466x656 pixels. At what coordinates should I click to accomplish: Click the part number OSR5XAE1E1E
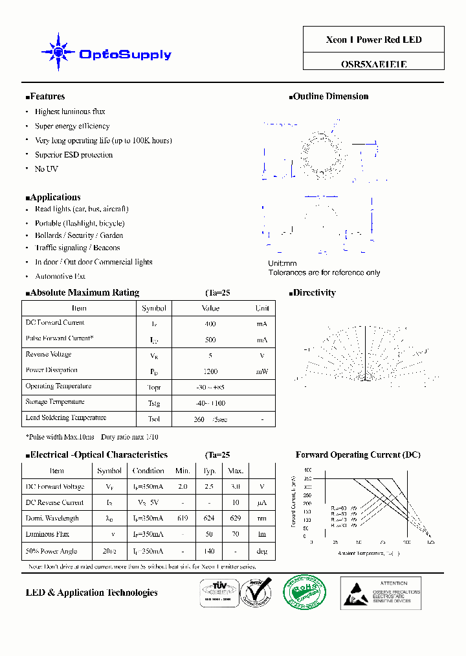[x=373, y=64]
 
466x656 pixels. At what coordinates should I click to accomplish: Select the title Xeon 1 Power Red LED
[x=373, y=40]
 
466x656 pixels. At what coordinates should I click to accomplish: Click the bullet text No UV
[x=46, y=169]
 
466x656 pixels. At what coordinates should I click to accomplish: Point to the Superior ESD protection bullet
[x=74, y=155]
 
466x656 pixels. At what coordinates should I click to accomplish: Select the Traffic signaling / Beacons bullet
[x=77, y=248]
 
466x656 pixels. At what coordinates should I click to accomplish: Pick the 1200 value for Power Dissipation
[x=210, y=372]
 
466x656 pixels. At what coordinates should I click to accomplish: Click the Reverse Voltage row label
[x=49, y=355]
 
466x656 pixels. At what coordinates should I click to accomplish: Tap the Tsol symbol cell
[x=154, y=419]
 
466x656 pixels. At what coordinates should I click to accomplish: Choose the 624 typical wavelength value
[x=210, y=519]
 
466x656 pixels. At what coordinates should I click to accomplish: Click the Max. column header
[x=236, y=471]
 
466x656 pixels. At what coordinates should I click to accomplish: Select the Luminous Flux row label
[x=47, y=535]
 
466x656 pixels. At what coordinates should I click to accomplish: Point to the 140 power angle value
[x=210, y=552]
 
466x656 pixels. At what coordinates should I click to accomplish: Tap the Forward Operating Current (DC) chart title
[x=358, y=455]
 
